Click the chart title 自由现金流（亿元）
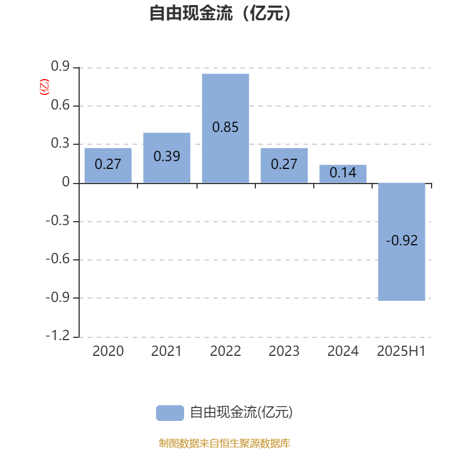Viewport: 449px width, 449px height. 220,13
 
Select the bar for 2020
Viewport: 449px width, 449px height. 108,166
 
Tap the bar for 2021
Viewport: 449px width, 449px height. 167,158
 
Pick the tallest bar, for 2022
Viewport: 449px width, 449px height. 226,129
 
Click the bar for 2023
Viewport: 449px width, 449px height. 284,166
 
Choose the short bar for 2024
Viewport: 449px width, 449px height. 343,174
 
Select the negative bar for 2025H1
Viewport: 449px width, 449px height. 401,242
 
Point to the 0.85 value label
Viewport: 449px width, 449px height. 226,127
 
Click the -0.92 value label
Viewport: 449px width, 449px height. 401,240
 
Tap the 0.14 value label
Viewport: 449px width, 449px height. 343,172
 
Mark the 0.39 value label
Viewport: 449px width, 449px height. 167,157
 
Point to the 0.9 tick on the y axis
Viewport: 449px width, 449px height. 60,66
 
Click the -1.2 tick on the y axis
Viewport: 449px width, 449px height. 58,335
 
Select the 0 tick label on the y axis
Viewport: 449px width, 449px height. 66,182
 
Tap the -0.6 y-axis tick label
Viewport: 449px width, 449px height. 58,259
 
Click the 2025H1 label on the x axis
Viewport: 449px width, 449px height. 401,351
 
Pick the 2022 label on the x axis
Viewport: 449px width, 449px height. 226,351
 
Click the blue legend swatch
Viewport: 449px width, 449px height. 170,413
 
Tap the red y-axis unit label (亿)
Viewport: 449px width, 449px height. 44,87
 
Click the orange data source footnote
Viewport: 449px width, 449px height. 224,443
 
